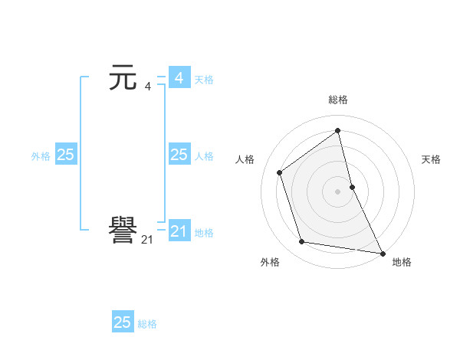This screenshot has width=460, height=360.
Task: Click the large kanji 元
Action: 123,77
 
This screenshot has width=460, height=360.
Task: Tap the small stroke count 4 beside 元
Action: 147,87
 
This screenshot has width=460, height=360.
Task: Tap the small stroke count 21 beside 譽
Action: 147,240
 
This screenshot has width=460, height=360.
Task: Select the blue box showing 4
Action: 179,78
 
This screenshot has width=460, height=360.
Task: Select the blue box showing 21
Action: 179,231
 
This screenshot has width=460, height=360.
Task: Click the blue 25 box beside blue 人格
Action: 179,155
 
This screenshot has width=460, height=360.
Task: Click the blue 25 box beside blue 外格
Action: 65,155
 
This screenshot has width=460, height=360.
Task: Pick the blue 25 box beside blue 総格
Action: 123,322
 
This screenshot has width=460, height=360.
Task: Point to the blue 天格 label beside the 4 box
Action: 204,79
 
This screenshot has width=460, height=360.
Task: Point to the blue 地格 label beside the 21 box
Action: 204,232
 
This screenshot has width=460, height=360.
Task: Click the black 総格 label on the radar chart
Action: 338,100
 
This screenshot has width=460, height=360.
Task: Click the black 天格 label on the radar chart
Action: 431,159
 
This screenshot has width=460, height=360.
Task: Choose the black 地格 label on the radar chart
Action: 402,262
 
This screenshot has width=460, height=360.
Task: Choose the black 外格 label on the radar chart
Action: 270,262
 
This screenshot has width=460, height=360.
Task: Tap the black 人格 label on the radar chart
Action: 245,159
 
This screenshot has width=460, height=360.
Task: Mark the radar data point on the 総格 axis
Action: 338,131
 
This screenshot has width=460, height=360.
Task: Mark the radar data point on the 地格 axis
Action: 382,253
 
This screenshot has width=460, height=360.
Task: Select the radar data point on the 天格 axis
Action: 352,187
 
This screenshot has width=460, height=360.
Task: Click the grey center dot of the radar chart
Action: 338,191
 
